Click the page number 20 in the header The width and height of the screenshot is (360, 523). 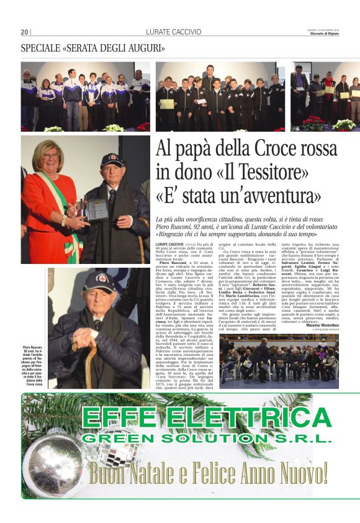(25, 32)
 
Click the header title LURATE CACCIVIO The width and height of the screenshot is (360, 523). (174, 32)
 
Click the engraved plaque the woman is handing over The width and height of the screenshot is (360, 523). (97, 209)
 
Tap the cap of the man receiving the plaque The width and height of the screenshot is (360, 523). (112, 160)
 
